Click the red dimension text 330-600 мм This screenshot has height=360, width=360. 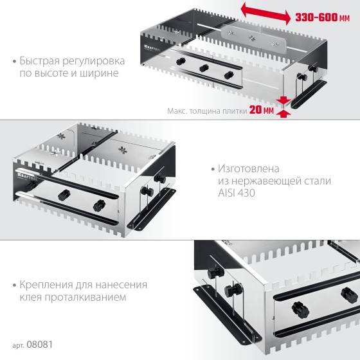click(322, 17)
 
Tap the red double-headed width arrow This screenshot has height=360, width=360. click(265, 14)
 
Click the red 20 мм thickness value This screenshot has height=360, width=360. click(262, 110)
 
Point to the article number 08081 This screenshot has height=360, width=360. click(40, 345)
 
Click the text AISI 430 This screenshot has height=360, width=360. click(237, 193)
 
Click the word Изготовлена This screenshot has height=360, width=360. click(249, 168)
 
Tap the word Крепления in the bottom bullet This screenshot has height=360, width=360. click(46, 285)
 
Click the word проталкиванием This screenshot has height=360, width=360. click(85, 298)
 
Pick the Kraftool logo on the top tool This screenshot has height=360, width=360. click(152, 48)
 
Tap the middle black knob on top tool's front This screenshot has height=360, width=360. click(204, 68)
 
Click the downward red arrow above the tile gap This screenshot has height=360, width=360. click(284, 100)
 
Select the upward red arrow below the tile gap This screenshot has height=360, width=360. click(284, 114)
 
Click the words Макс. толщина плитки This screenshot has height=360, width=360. click(207, 111)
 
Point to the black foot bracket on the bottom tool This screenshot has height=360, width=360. click(228, 315)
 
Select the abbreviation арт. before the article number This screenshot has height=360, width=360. click(19, 346)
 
